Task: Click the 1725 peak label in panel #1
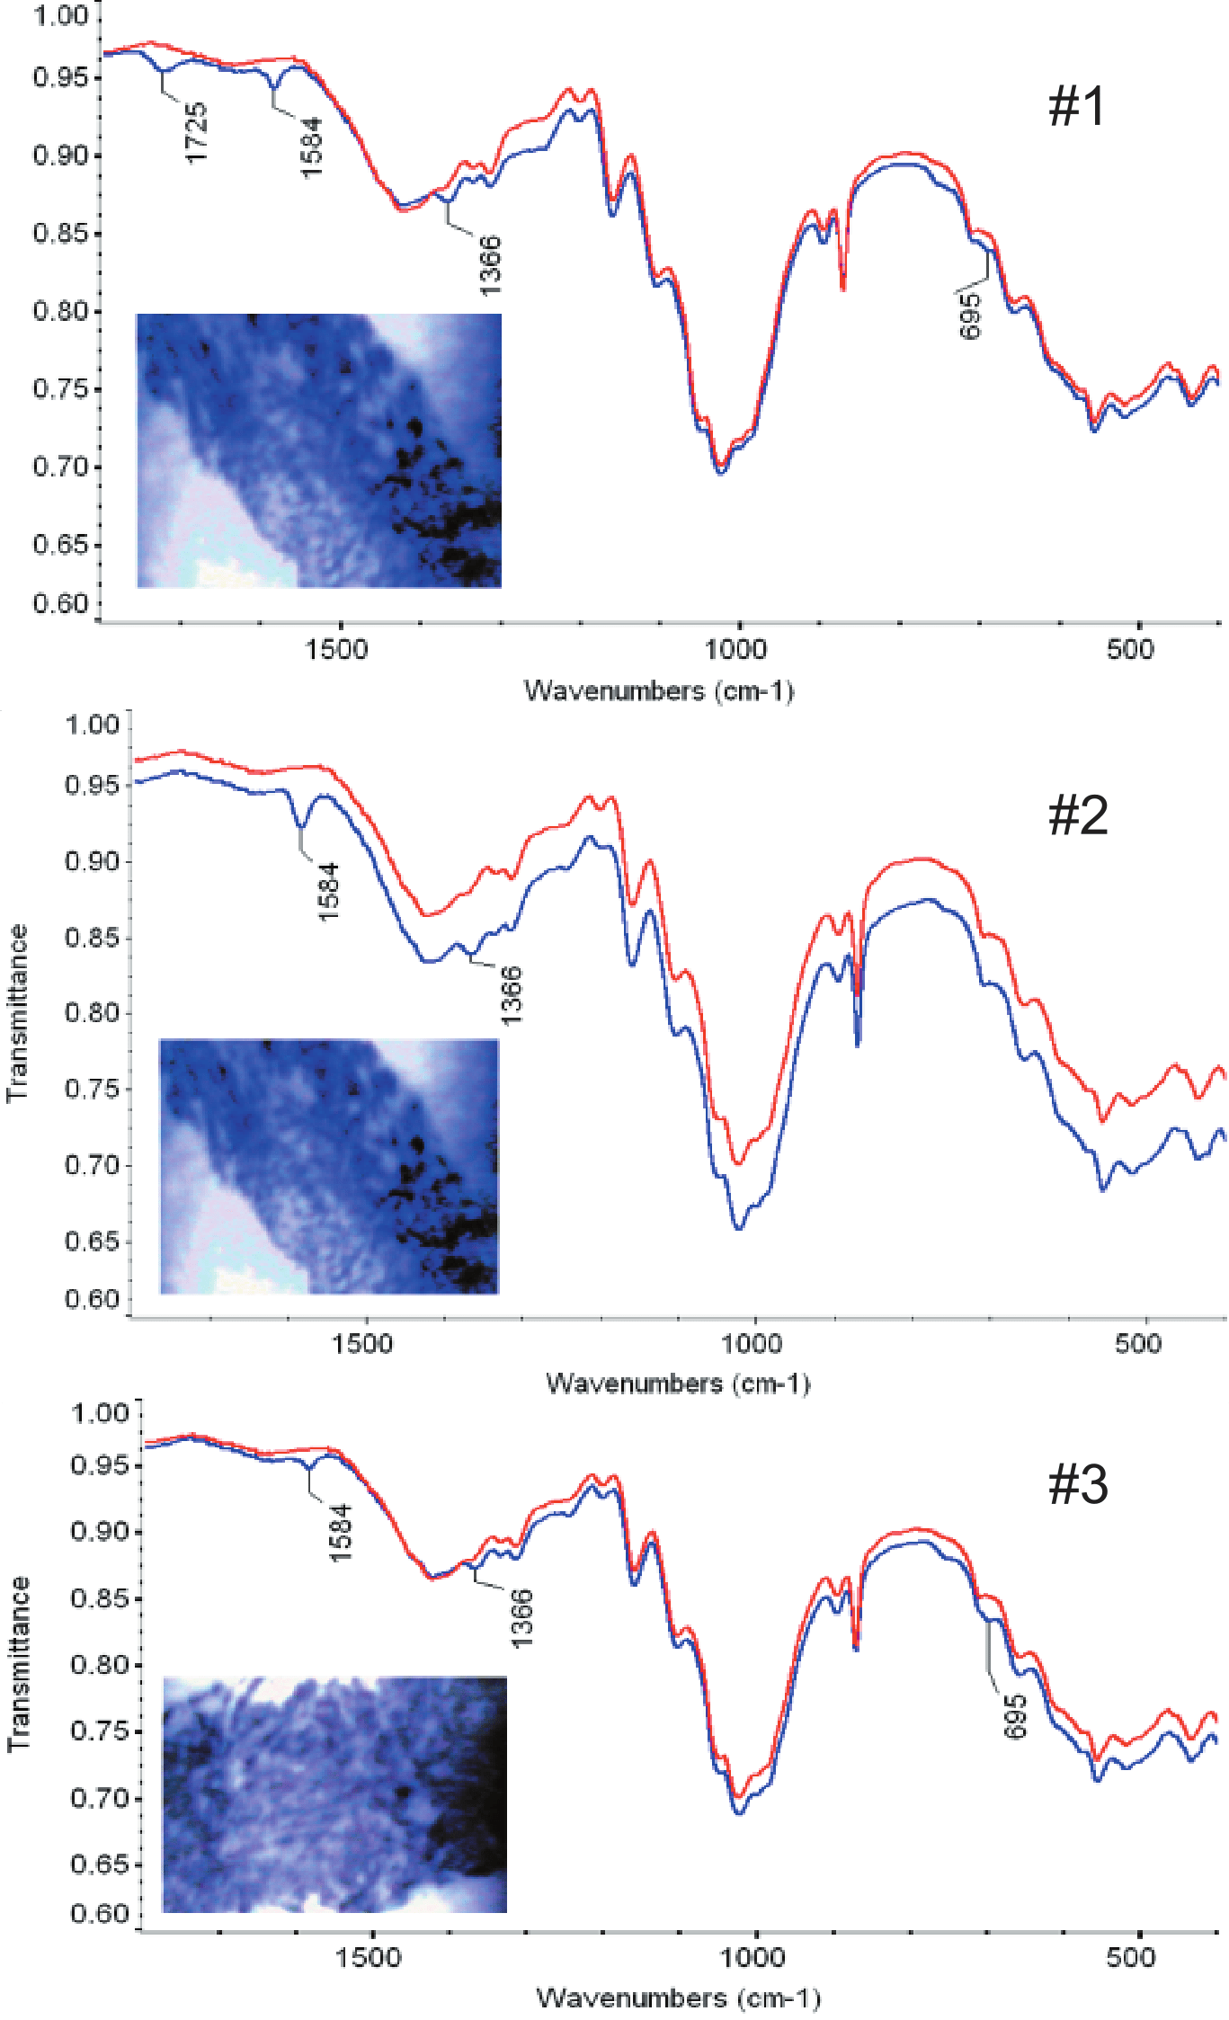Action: [196, 133]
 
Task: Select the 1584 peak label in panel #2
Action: [328, 891]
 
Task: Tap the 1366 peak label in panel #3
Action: [522, 1619]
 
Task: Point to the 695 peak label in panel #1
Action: [971, 316]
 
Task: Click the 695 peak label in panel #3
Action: [1015, 1716]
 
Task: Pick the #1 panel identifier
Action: [1076, 106]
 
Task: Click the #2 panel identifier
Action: [1078, 815]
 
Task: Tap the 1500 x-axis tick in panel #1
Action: [336, 649]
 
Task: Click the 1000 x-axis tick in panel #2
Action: [752, 1344]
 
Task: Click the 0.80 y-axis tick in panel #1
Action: [61, 311]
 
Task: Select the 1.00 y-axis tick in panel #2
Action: [92, 725]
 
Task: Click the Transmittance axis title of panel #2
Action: [17, 1013]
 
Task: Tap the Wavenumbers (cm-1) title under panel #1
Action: [659, 690]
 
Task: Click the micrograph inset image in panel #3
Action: [334, 1794]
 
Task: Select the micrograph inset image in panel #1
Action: [318, 450]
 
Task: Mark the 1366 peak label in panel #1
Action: [490, 265]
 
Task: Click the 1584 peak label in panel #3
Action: [340, 1532]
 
